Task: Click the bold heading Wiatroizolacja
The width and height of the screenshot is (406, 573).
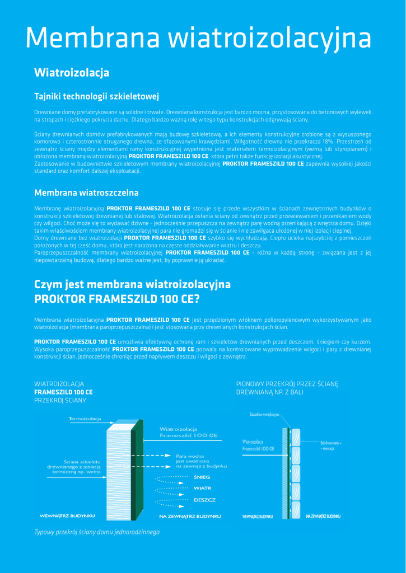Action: (71, 73)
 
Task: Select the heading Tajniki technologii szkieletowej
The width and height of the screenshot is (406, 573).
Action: (97, 96)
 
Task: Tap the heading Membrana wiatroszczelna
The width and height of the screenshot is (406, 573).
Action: (86, 193)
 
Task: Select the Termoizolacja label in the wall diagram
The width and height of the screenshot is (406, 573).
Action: (85, 419)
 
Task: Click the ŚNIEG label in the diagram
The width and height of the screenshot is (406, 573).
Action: (202, 477)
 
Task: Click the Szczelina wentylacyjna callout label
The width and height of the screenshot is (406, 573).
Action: (265, 415)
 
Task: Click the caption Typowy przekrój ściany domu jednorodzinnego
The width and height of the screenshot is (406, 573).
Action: (97, 532)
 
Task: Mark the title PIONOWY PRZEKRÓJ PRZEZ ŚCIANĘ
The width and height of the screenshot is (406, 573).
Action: (287, 384)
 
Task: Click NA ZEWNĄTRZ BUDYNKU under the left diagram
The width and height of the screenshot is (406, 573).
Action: (190, 515)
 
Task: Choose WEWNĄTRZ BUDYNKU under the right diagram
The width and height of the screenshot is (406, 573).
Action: (257, 515)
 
